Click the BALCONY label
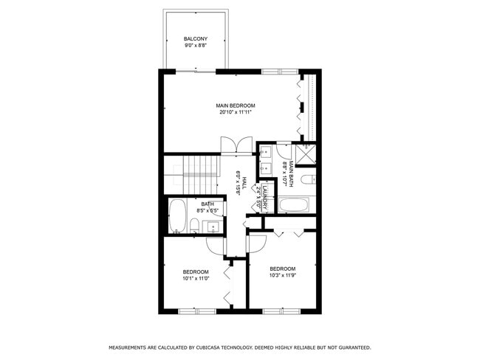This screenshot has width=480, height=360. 196,39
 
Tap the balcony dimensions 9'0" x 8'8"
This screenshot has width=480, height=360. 196,46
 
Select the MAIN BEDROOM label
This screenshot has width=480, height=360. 236,106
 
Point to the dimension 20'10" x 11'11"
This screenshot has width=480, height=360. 236,113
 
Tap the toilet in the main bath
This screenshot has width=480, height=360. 311,179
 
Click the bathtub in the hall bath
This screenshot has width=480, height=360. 177,216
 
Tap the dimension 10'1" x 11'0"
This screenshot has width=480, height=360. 196,279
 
